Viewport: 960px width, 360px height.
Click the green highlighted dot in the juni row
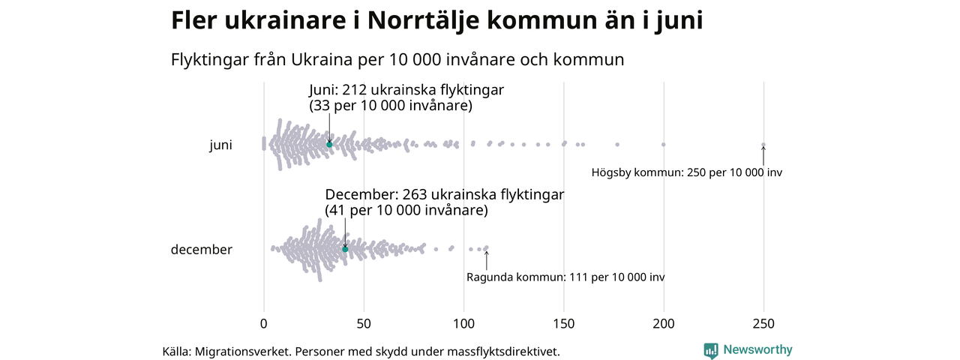tap(329, 144)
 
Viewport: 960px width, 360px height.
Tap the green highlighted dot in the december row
tap(345, 249)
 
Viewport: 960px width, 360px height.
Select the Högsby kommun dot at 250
tap(763, 145)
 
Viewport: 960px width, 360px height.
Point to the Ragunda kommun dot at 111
tap(486, 247)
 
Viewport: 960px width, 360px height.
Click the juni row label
tap(220, 145)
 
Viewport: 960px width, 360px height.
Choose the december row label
tap(202, 250)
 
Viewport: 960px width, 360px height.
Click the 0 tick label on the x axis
tap(263, 324)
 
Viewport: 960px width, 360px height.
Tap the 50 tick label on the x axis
tap(364, 324)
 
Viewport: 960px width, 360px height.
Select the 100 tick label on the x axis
tap(463, 324)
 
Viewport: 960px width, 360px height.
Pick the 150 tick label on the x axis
tap(564, 324)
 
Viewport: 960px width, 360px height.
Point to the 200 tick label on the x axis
tap(664, 324)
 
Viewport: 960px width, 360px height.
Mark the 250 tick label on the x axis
tap(763, 324)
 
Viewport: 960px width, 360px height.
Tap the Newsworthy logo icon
tap(710, 350)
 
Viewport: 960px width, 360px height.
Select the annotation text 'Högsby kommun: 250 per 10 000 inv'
tap(687, 172)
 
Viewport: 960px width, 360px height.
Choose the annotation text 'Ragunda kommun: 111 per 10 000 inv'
tap(565, 277)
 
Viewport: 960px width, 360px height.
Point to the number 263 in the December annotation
tap(411, 195)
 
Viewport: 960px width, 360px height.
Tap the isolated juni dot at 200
tap(664, 144)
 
